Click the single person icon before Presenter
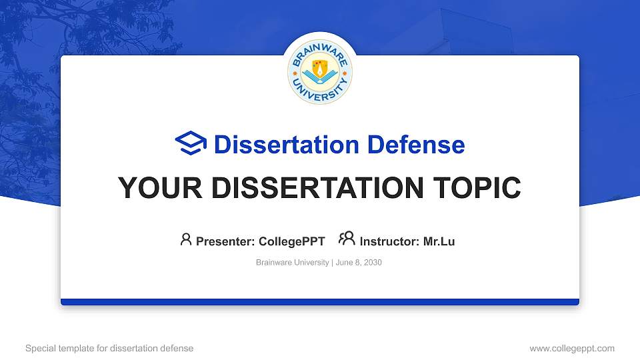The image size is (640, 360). [186, 239]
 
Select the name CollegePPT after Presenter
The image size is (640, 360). [293, 241]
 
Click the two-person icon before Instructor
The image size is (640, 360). [347, 239]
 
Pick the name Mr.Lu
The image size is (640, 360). [439, 241]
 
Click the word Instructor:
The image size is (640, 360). [389, 241]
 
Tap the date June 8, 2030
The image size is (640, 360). [359, 263]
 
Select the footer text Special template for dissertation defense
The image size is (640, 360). [109, 348]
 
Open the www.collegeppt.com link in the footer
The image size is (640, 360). [572, 348]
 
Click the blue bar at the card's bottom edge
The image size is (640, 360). [320, 302]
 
